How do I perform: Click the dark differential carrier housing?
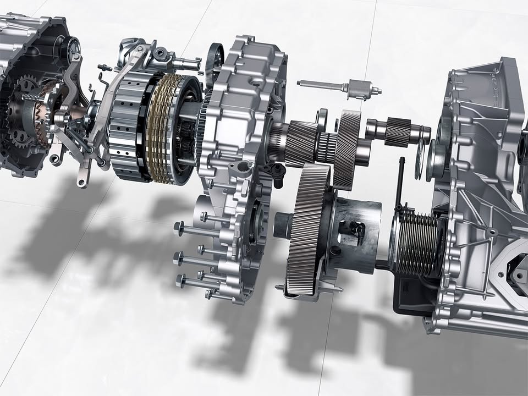click(352, 231)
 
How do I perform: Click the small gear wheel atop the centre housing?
click(215, 61)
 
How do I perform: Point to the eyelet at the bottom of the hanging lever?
click(82, 181)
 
